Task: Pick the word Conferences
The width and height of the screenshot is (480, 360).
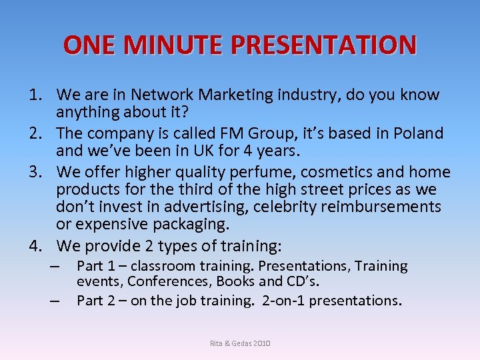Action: click(x=167, y=281)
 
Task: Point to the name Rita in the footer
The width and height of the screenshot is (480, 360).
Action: click(x=217, y=343)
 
